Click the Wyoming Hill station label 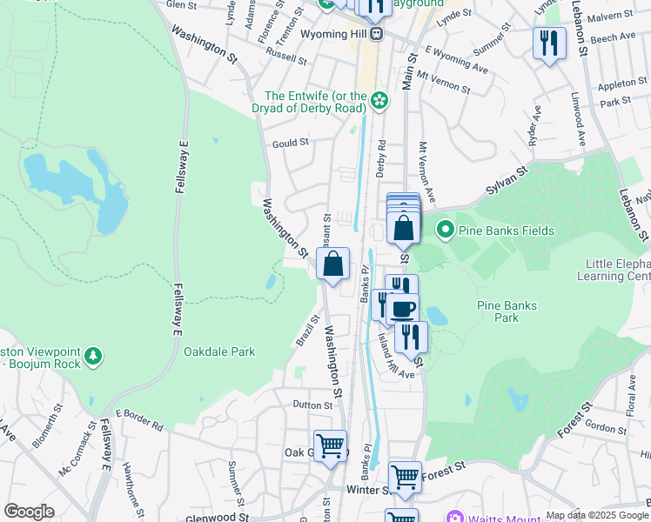click(335, 34)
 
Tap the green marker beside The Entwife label click(379, 102)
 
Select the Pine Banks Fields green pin click(446, 231)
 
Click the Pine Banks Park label click(507, 311)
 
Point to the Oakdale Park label click(219, 351)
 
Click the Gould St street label click(291, 143)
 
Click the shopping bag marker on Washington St click(332, 264)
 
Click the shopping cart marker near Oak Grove click(330, 445)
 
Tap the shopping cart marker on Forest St click(405, 477)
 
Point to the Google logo click(29, 512)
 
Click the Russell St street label click(286, 57)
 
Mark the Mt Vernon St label click(443, 82)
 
